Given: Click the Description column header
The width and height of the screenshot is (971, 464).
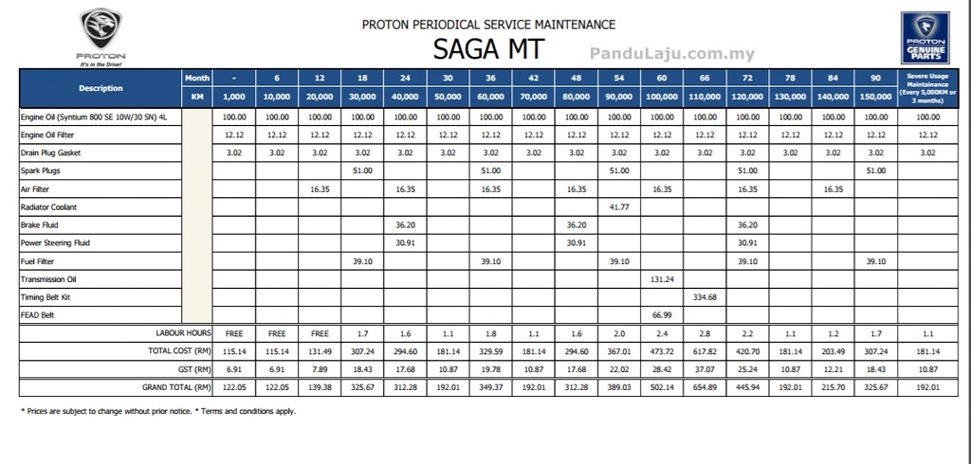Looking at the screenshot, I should (x=101, y=88).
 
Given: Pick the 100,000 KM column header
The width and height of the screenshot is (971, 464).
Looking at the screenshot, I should (x=662, y=97).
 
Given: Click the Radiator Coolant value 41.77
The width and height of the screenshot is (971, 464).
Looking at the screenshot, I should (x=618, y=206).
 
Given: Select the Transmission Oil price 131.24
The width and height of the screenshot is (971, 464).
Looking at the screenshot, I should (x=662, y=279).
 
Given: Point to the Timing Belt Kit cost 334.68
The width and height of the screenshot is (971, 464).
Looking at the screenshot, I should (x=705, y=297).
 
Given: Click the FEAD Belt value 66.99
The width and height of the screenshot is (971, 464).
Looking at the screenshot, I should (x=662, y=315).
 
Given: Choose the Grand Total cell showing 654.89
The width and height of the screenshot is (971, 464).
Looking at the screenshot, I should (x=705, y=387).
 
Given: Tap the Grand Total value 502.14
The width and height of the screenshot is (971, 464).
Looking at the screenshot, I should (x=662, y=387).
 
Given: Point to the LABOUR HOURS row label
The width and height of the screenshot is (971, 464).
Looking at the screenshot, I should (x=182, y=333).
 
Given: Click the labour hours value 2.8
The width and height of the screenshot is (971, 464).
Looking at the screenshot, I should (x=705, y=333).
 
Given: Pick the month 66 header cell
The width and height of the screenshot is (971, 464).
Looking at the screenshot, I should (x=705, y=78).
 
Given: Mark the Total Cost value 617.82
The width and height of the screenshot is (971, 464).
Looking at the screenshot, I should (x=705, y=351).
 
